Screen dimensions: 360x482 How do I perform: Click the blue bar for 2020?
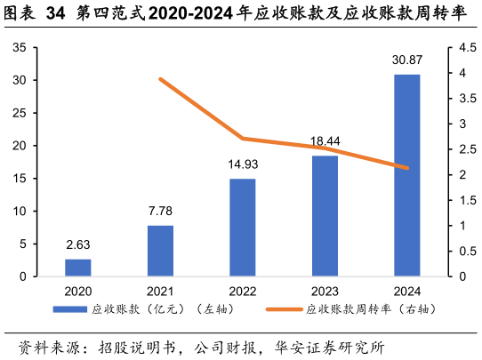click(x=77, y=268)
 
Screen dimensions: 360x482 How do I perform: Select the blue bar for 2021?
click(x=160, y=251)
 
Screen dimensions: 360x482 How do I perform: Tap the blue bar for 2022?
click(x=242, y=228)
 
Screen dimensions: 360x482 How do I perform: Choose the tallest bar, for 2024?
click(x=406, y=175)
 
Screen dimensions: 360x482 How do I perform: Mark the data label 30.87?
click(x=406, y=60)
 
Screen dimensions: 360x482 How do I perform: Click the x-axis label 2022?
click(x=242, y=291)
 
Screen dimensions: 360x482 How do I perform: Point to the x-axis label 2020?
click(x=77, y=291)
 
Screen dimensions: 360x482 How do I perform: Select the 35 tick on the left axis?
click(x=19, y=48)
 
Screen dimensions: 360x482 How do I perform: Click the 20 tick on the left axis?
click(x=19, y=146)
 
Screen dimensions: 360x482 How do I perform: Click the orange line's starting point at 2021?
click(x=160, y=79)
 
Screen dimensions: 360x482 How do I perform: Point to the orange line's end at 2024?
click(x=407, y=167)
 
